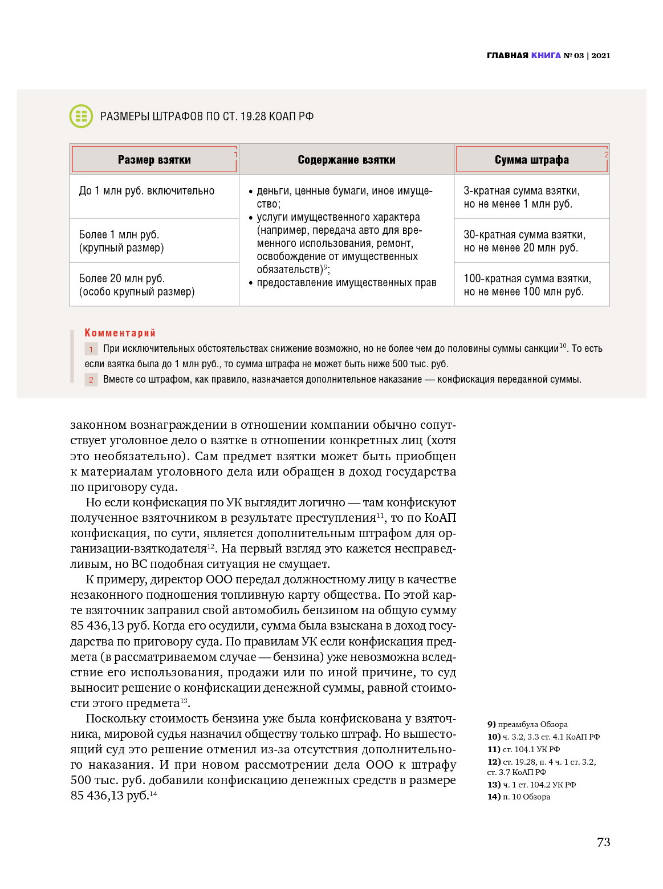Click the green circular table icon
[x=81, y=116]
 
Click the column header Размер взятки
[x=154, y=160]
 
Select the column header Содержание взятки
[x=347, y=160]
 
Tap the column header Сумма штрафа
[x=531, y=160]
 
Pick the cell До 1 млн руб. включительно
[x=147, y=191]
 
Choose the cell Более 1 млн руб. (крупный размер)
[x=121, y=241]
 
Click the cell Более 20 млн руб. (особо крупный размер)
[x=137, y=285]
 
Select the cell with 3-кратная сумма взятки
[x=521, y=197]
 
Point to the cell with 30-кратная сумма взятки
[x=524, y=241]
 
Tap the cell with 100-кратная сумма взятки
[x=527, y=285]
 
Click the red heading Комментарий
[x=120, y=333]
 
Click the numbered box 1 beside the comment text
[x=91, y=349]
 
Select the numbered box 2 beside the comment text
[x=91, y=380]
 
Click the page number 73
[x=603, y=842]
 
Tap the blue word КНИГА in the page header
[x=546, y=55]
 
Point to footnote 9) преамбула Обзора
[x=527, y=724]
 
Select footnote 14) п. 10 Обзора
[x=519, y=797]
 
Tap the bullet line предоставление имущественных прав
[x=346, y=283]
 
